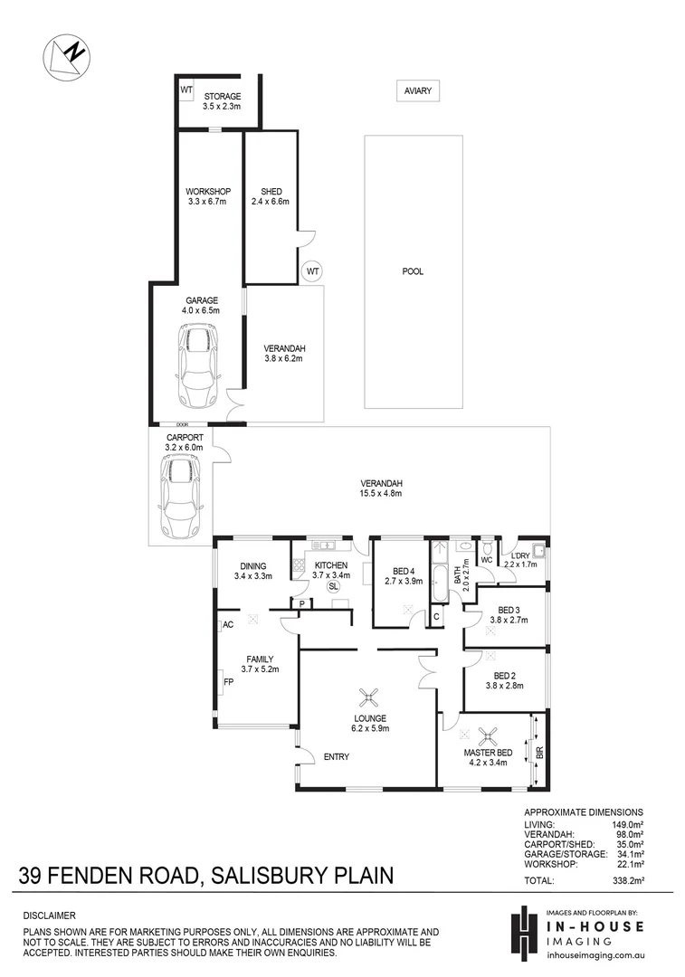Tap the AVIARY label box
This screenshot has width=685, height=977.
418,90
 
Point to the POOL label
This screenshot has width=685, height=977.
413,271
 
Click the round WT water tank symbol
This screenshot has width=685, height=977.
312,270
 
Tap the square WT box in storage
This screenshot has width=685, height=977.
186,90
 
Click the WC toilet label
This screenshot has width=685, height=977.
486,560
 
